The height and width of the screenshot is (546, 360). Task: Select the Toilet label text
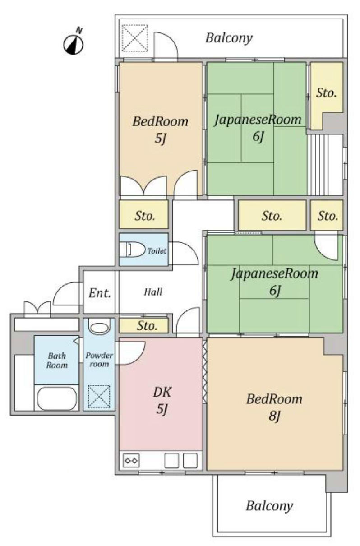pos(157,250)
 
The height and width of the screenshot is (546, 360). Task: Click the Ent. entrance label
pos(100,293)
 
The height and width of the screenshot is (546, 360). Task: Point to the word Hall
pos(153,292)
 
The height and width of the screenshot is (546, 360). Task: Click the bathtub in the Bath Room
pos(56,398)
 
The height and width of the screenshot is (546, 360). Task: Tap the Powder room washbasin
pos(99,327)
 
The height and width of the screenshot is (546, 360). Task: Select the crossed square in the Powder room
pos(99,396)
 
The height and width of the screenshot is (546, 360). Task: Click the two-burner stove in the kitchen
pos(131,460)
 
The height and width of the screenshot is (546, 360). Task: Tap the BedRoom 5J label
pos(160,130)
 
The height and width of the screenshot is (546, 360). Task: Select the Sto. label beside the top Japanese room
pos(326,93)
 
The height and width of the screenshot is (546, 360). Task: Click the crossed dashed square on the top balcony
pos(135,38)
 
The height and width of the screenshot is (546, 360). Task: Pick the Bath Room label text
pos(57,360)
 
